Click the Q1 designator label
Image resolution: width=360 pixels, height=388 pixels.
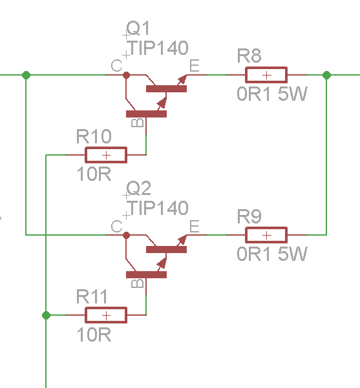(138, 29)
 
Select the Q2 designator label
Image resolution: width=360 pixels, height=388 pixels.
(138, 189)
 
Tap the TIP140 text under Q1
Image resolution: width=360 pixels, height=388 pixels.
(158, 48)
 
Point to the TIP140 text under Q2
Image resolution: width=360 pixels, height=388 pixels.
(158, 208)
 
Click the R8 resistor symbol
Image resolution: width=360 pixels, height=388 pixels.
(265, 75)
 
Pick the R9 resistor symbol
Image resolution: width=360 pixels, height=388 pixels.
(265, 235)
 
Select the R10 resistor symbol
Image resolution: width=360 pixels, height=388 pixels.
(106, 155)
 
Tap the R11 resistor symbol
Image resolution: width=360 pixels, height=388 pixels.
(106, 315)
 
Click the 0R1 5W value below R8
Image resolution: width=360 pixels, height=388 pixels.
(272, 94)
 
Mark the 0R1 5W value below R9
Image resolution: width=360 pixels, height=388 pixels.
(272, 254)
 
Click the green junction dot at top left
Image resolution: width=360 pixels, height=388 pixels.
(26, 75)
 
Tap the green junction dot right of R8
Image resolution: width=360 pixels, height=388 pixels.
(327, 75)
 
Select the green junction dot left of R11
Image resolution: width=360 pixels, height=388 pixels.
(46, 315)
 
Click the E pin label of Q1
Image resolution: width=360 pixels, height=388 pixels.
(195, 65)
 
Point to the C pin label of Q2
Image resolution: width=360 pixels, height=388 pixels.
(116, 226)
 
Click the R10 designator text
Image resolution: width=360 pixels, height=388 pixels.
(94, 137)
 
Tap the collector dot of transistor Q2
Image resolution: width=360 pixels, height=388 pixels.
(126, 235)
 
